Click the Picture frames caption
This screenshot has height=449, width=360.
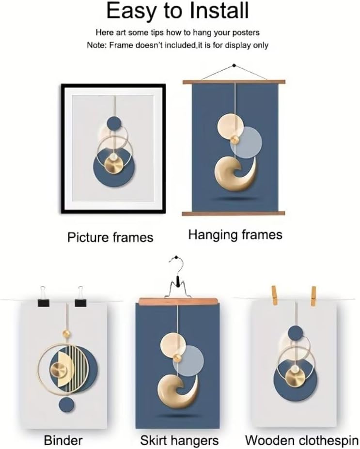tap(110, 238)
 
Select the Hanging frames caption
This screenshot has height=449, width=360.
tap(235, 235)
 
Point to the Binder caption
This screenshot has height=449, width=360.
tap(63, 440)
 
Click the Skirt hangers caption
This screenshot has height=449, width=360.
tap(179, 441)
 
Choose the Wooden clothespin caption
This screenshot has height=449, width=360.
tap(301, 440)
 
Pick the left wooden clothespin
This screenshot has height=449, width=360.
tap(275, 295)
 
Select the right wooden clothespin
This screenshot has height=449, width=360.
tap(313, 296)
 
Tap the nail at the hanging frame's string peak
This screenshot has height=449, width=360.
tap(235, 65)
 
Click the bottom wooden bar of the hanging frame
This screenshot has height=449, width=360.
tap(234, 213)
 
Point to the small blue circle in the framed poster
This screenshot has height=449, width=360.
tap(114, 124)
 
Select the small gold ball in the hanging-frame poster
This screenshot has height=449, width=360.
tap(235, 140)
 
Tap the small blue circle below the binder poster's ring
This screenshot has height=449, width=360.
tap(66, 405)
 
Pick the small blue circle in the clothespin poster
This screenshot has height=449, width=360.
tap(295, 333)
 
